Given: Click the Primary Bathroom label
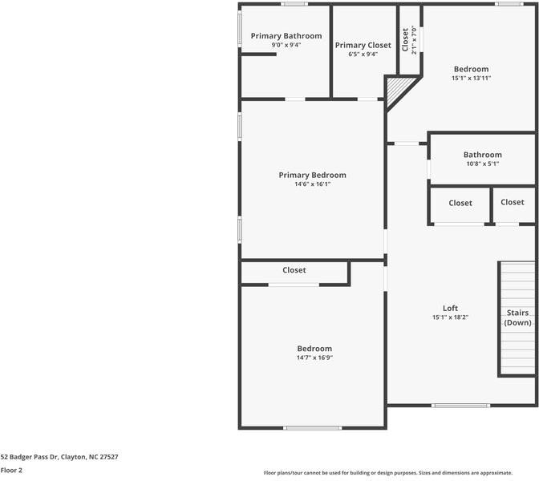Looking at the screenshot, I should click(286, 36).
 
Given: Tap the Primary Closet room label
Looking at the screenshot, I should click(363, 46).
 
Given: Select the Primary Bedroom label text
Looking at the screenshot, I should click(312, 175).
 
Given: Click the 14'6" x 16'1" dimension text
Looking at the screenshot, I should click(312, 184).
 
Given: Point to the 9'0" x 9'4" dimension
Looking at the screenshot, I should click(286, 45).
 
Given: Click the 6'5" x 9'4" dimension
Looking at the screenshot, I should click(363, 55).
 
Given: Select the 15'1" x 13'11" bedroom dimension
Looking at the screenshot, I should click(470, 79).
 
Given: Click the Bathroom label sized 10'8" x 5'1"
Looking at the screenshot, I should click(482, 155).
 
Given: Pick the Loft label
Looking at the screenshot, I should click(450, 308).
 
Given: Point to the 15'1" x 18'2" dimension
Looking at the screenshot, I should click(450, 317).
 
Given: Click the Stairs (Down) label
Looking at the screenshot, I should click(517, 317).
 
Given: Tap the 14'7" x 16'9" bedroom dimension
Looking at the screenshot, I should click(314, 358).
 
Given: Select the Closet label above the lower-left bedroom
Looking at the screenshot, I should click(294, 270).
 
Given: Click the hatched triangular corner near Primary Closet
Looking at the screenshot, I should click(399, 88).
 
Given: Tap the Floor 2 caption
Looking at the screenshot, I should click(11, 471).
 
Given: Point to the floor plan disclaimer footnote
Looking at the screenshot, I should click(401, 472).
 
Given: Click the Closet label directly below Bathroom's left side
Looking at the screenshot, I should click(460, 203).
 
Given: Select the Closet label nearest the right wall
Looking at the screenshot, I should click(512, 202).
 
